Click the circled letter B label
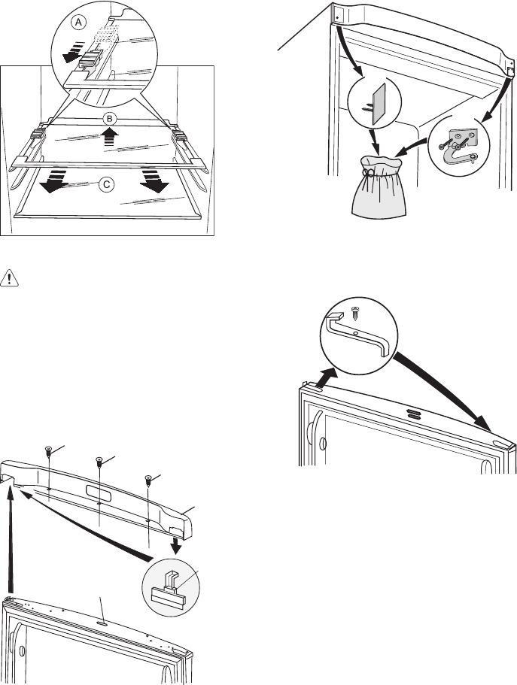[x=109, y=119]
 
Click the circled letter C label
[x=108, y=183]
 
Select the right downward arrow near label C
[x=156, y=182]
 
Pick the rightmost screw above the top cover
[x=149, y=479]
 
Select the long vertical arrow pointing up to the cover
[x=13, y=541]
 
